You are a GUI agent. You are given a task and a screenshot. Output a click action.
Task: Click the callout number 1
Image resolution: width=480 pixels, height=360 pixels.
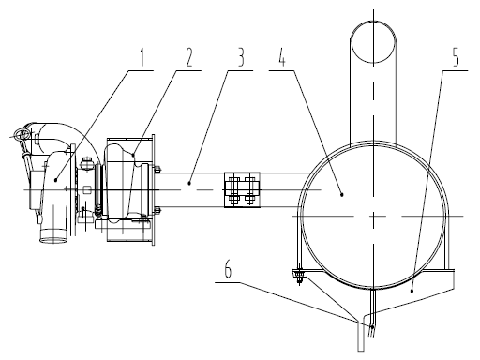tap(142, 57)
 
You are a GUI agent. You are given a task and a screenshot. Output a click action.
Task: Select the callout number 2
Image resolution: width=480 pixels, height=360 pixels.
tap(189, 57)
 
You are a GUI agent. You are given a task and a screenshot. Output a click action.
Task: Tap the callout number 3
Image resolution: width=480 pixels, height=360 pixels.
tap(241, 57)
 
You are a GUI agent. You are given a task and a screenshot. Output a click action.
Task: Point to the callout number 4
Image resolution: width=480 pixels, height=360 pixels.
tap(282, 57)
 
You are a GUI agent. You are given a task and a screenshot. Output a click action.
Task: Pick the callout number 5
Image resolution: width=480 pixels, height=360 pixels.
tap(456, 57)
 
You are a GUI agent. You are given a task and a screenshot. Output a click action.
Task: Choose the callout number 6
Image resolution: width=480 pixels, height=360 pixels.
tap(228, 269)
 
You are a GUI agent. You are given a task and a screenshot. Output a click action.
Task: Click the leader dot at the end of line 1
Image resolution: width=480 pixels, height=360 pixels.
tap(55, 180)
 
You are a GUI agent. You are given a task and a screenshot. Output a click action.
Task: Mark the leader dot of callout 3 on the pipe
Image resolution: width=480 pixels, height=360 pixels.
tap(189, 184)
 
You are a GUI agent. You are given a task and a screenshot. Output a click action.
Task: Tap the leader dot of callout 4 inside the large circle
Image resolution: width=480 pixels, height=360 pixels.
tap(342, 194)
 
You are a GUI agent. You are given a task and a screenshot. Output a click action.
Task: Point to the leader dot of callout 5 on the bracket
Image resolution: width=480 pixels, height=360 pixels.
tap(412, 291)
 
